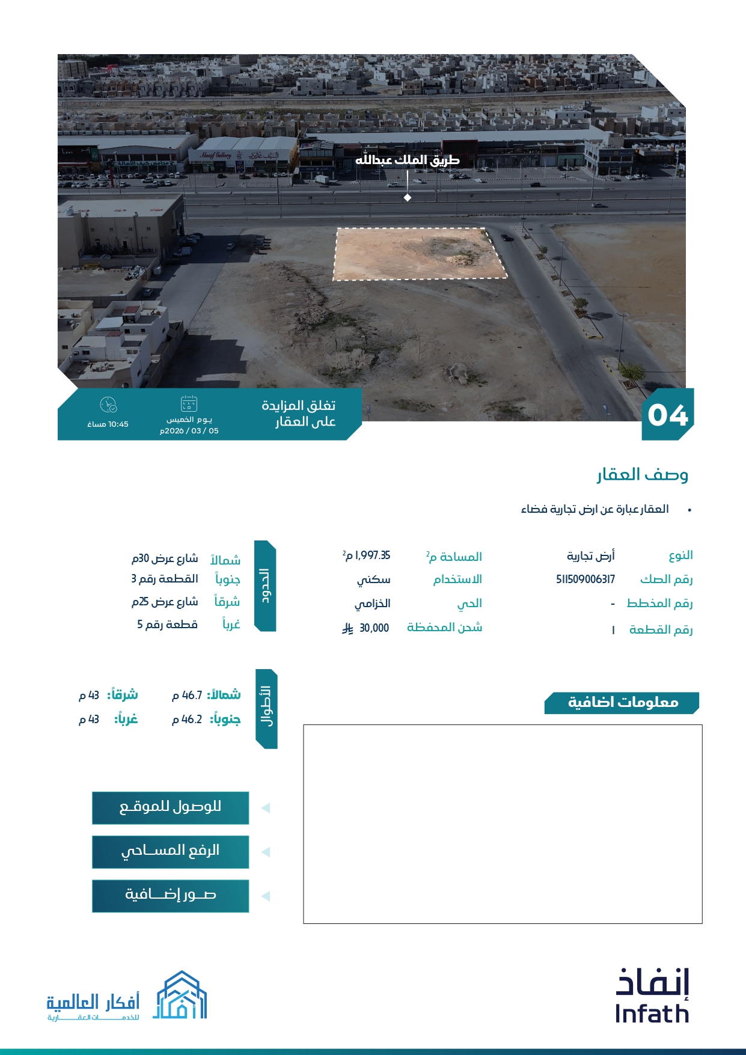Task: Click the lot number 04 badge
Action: (x=667, y=415)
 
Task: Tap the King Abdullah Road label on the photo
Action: (x=407, y=160)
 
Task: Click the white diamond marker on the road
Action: (x=408, y=198)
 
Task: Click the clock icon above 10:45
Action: (x=108, y=405)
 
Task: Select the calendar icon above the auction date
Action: (x=189, y=403)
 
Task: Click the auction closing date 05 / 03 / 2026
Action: (x=189, y=431)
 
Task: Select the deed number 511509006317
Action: (x=585, y=579)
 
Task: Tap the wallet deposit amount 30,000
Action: (x=374, y=628)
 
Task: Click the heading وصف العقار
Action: (x=642, y=475)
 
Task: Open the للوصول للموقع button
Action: (x=170, y=807)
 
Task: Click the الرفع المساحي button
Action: (x=170, y=851)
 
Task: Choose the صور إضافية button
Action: (x=170, y=895)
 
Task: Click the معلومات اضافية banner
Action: (x=622, y=703)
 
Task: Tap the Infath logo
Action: (x=652, y=996)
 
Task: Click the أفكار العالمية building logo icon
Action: (x=180, y=995)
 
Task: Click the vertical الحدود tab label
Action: (x=265, y=586)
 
